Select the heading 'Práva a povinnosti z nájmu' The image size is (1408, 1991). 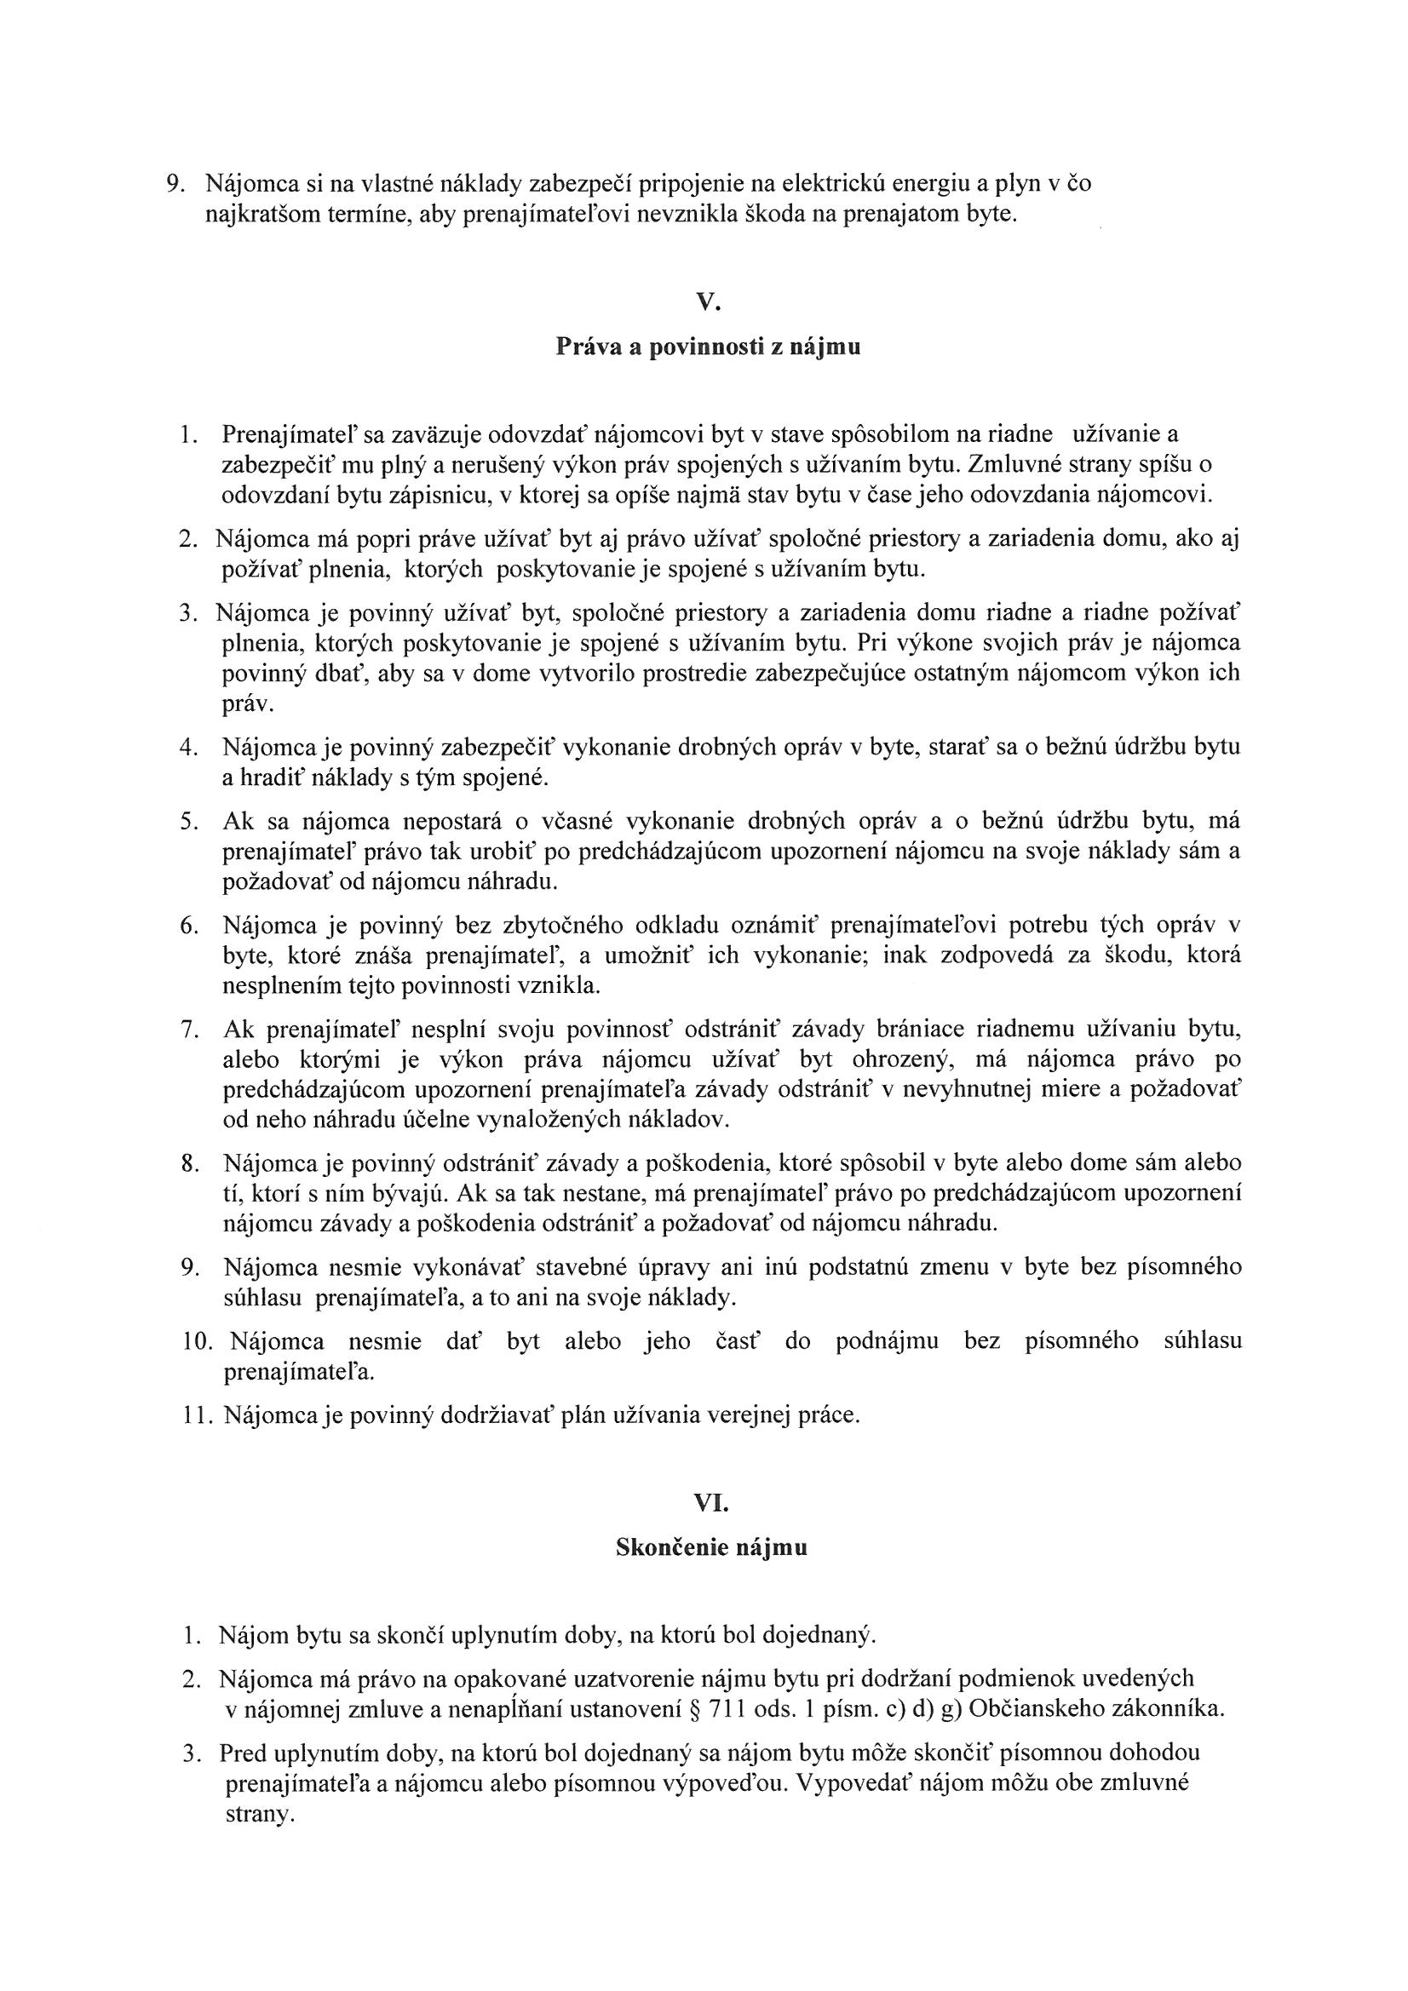(x=708, y=347)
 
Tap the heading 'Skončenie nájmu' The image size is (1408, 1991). (x=711, y=1548)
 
